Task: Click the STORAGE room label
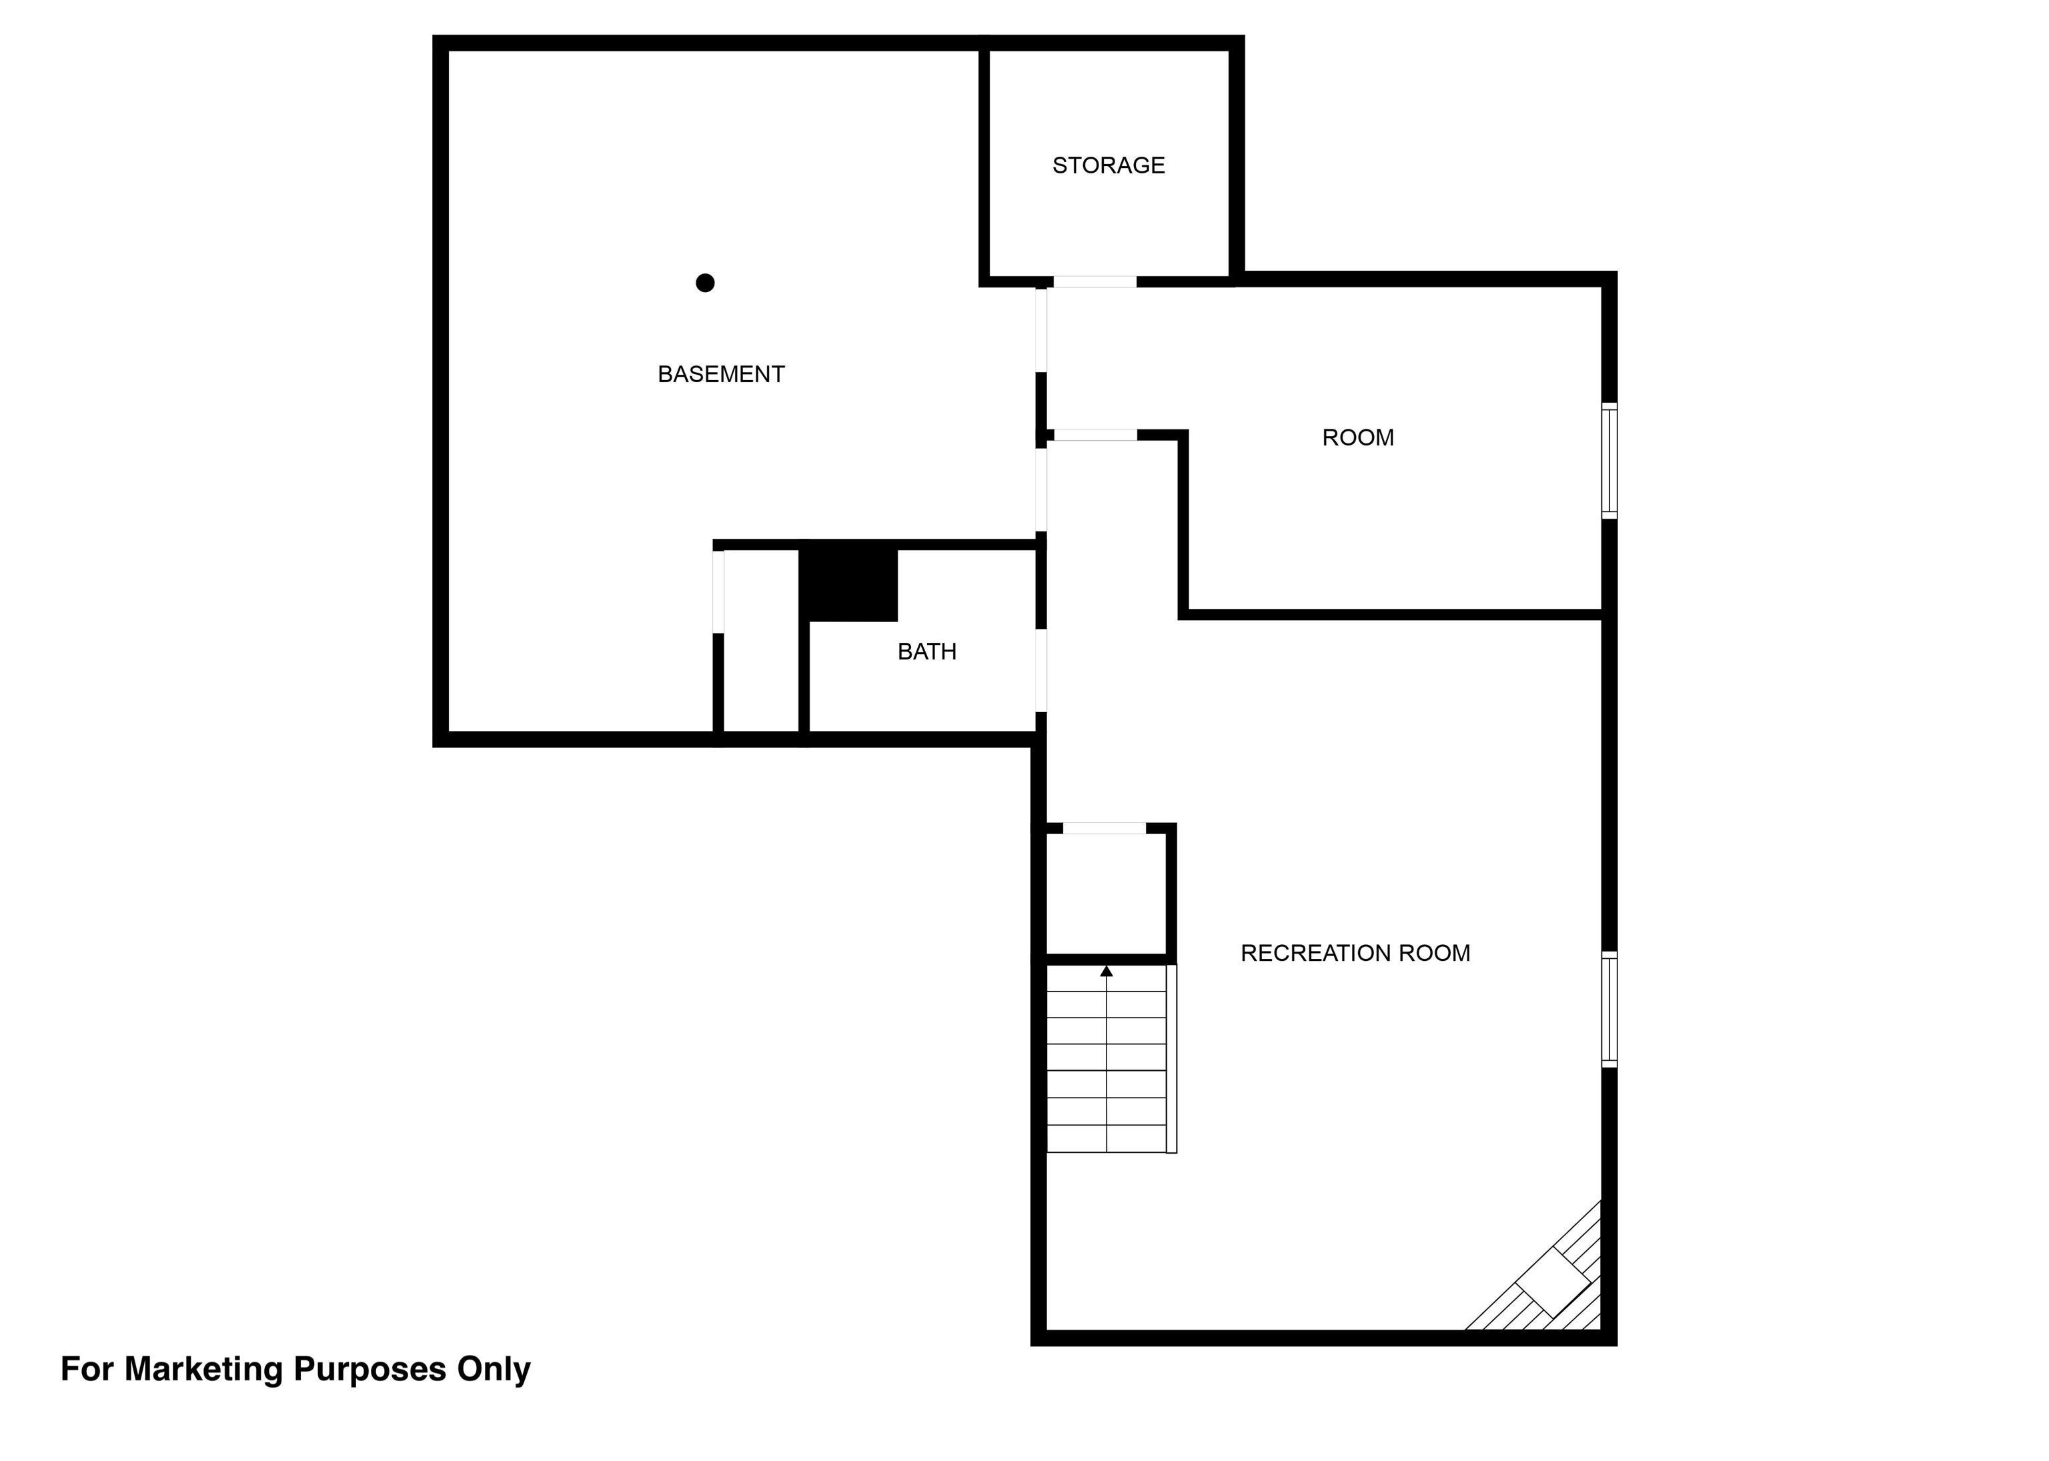(x=1108, y=165)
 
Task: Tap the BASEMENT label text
(x=721, y=374)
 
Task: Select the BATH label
(x=927, y=651)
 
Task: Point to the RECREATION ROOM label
(x=1355, y=953)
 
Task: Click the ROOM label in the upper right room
(x=1358, y=437)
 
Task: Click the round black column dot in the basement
(x=706, y=283)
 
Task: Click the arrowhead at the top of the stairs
(x=1107, y=971)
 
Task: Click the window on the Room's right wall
(x=1610, y=461)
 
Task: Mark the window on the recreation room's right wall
(x=1610, y=1010)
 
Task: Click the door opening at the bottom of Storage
(x=1095, y=281)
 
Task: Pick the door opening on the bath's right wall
(x=1041, y=670)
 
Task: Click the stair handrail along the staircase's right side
(x=1172, y=1058)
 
